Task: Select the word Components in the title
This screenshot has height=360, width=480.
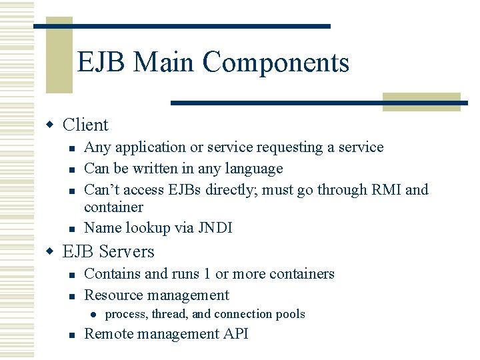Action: tap(276, 63)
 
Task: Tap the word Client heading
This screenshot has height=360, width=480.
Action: tap(85, 125)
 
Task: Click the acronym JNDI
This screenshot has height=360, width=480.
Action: tap(214, 228)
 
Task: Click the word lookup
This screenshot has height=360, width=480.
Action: tap(148, 228)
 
